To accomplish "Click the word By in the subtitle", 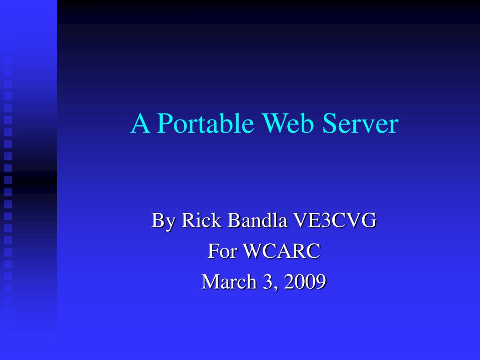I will (x=163, y=221).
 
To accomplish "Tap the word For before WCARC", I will (x=223, y=252).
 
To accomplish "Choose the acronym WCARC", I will (x=282, y=252).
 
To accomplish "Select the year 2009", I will (x=306, y=282).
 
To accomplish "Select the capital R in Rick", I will (x=187, y=220).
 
